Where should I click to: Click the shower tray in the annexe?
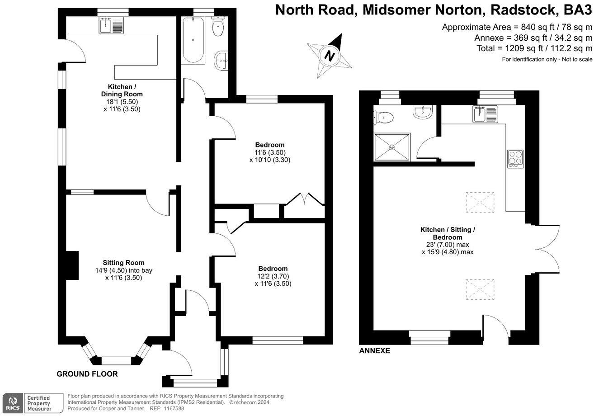pos(392,147)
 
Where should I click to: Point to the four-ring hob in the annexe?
pos(515,159)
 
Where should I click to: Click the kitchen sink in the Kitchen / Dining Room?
pos(111,26)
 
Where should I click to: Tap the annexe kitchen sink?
pos(486,114)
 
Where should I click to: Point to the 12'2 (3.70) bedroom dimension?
pos(273,276)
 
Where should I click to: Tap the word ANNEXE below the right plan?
pos(374,351)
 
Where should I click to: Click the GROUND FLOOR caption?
pos(87,374)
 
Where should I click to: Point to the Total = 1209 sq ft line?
pos(534,48)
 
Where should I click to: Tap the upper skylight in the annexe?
pos(480,202)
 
